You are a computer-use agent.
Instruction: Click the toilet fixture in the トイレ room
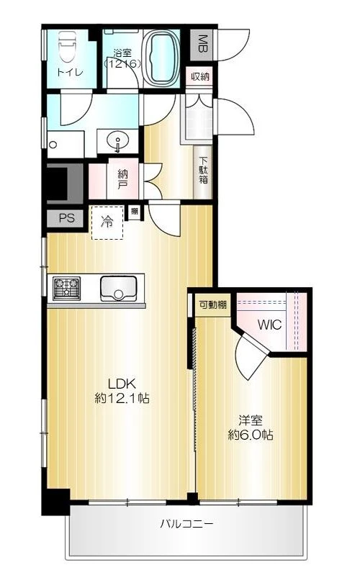67,46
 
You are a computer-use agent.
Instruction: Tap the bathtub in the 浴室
161,58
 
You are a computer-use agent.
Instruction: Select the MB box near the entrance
202,44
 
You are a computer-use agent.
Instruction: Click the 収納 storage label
200,77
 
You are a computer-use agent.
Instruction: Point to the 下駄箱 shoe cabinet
203,171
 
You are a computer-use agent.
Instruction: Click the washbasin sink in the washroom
118,142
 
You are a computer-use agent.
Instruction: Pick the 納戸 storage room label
122,178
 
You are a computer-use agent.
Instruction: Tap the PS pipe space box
67,218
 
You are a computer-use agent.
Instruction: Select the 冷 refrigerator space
107,222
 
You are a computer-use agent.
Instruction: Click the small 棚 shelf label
134,212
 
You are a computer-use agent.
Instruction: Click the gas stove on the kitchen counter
66,289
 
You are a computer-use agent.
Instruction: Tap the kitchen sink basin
118,289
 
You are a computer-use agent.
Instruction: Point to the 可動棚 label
212,305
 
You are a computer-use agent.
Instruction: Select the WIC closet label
269,325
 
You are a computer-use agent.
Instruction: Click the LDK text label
121,383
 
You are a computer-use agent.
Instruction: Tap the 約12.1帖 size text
122,399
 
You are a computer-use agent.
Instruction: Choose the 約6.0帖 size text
251,435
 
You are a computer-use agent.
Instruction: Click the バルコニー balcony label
187,524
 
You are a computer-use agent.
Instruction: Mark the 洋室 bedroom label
251,420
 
